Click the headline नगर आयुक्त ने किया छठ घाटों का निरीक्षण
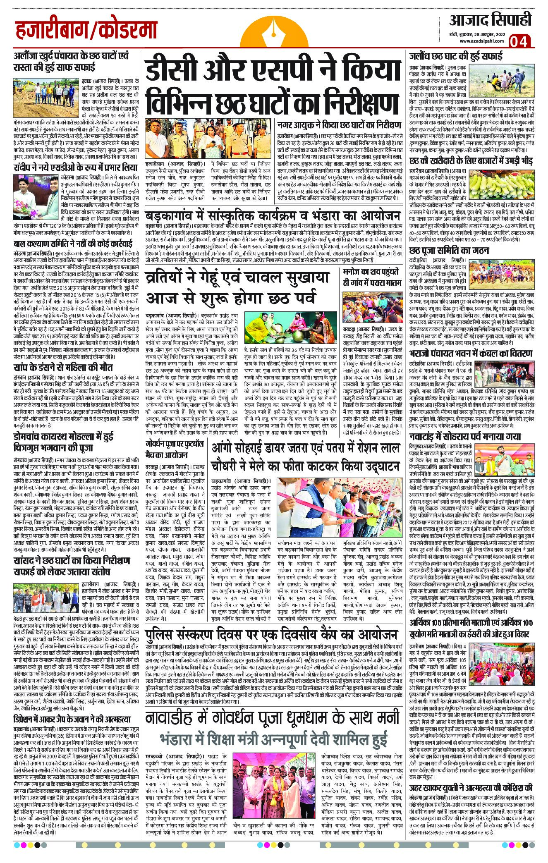340,124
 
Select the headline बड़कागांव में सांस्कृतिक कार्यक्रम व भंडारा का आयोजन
274,217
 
